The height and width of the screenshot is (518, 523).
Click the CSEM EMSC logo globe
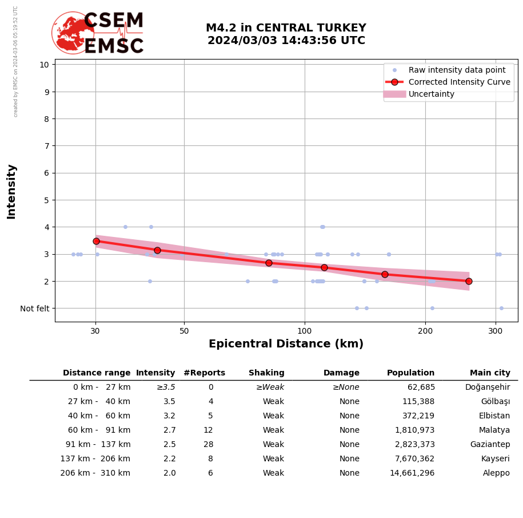73,33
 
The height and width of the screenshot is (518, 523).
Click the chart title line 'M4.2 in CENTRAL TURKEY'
286,28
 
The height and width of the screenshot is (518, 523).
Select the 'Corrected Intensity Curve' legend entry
459,82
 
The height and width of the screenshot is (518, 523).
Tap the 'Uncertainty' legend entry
431,94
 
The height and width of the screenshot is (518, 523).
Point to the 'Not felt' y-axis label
35,309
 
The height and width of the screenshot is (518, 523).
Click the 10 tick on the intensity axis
44,65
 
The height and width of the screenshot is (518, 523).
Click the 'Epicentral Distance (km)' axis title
286,344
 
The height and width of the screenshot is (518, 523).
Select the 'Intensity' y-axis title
11,191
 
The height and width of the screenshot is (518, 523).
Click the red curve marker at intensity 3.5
96,241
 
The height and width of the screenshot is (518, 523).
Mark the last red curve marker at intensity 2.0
469,281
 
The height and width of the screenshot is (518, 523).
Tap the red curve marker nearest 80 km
269,263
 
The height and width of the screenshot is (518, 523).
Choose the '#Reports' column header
204,373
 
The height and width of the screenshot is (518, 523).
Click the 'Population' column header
410,373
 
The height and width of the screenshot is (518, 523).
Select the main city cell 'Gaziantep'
490,445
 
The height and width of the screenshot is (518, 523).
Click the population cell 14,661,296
412,473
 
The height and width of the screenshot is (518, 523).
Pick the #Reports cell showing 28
208,445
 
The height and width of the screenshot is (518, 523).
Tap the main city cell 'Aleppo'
496,473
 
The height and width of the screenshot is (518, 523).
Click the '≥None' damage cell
346,387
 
